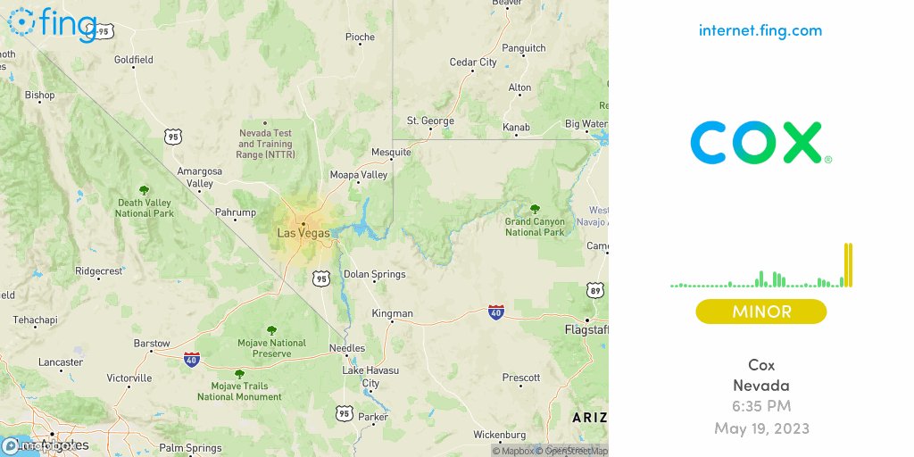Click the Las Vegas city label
click(303, 233)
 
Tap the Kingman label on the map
click(393, 313)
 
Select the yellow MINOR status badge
click(761, 312)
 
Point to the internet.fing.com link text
click(760, 30)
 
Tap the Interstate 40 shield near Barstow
click(191, 359)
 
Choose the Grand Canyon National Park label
click(536, 227)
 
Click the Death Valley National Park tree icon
click(144, 190)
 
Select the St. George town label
click(431, 120)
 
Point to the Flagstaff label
click(586, 329)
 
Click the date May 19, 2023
click(761, 428)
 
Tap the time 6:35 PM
click(761, 407)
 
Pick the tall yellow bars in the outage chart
click(848, 265)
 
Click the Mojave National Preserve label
click(271, 348)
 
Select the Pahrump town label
click(236, 212)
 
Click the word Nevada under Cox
click(761, 386)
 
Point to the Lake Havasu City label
click(370, 376)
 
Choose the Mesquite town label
click(392, 152)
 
